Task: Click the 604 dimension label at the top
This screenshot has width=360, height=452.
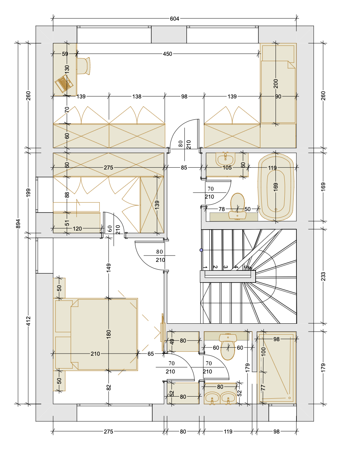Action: pos(174,19)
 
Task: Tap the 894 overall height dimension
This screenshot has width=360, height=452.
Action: pos(18,224)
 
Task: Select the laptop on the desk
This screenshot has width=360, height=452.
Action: pos(64,84)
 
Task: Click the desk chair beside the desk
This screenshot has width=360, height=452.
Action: pos(83,66)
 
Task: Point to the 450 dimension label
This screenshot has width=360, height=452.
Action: pos(167,54)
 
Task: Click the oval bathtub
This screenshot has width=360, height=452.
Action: pos(276,187)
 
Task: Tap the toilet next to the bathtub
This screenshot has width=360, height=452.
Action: pos(238,206)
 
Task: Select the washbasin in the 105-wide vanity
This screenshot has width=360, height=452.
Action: pos(225,160)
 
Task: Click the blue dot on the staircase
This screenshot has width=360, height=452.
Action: pos(201,250)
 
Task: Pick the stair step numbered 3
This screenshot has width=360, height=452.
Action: pos(225,267)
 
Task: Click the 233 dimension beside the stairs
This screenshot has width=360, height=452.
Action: pos(323,276)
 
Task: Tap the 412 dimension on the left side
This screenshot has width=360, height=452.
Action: pos(28,321)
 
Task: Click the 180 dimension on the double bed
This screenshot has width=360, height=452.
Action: pos(109,334)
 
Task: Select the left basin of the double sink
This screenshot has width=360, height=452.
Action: pos(212,398)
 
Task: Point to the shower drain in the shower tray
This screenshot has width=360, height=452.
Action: pos(289,398)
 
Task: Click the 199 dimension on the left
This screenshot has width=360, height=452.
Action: pos(28,193)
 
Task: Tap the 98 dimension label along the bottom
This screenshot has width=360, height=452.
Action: pos(277,432)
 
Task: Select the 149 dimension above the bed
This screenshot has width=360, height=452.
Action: pos(109,268)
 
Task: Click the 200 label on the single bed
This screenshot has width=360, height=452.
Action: pos(276,84)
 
